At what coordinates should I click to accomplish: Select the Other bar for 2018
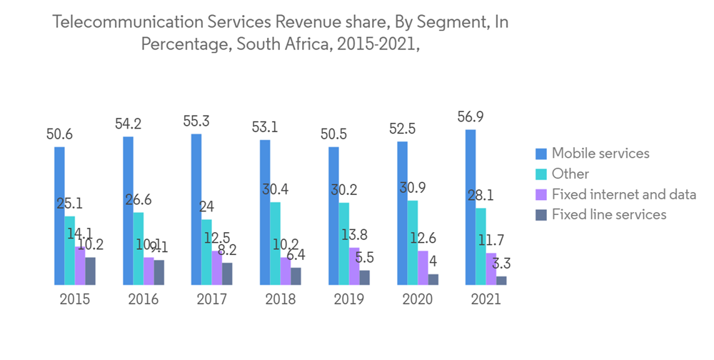pyautogui.click(x=276, y=243)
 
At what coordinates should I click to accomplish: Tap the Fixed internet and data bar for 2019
pyautogui.click(x=354, y=266)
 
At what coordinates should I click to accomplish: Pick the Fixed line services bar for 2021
pyautogui.click(x=502, y=280)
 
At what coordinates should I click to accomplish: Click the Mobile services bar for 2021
pyautogui.click(x=471, y=207)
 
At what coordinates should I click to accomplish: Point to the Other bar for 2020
pyautogui.click(x=413, y=242)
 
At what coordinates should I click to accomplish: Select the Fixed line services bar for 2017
pyautogui.click(x=227, y=274)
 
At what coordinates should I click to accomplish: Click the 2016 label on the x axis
pyautogui.click(x=143, y=299)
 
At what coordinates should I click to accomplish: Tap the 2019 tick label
pyautogui.click(x=348, y=299)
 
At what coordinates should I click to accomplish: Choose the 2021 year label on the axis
pyautogui.click(x=486, y=299)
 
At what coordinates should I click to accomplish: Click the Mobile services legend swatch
pyautogui.click(x=541, y=154)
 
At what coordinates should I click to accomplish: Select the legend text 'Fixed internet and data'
pyautogui.click(x=623, y=194)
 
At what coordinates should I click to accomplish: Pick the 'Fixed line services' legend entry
pyautogui.click(x=609, y=214)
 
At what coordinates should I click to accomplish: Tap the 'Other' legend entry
pyautogui.click(x=570, y=174)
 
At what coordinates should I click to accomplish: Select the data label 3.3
pyautogui.click(x=509, y=263)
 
